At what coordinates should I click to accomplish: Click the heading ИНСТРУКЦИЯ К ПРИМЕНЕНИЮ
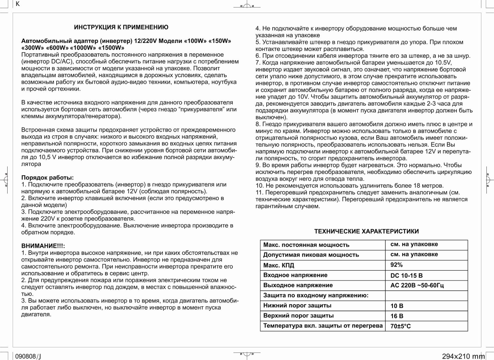[x=121, y=27]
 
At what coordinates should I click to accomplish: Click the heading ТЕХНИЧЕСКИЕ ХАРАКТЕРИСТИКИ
[x=366, y=231]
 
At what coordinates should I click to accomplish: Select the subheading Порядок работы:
[x=47, y=178]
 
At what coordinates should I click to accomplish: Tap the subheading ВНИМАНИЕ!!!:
[x=43, y=246]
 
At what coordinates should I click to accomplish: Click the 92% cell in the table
[x=397, y=265]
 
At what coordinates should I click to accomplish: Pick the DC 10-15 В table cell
[x=406, y=275]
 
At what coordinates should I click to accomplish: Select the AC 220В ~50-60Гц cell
[x=417, y=285]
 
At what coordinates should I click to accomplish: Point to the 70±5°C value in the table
[x=400, y=326]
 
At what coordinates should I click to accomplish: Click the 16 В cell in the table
[x=397, y=316]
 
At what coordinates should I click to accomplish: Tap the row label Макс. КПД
[x=279, y=265]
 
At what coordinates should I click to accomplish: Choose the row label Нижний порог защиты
[x=297, y=306]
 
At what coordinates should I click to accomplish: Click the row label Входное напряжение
[x=295, y=275]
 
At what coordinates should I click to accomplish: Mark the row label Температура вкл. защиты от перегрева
[x=323, y=326]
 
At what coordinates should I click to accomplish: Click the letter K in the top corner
[x=18, y=4]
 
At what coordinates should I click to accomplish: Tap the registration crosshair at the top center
[x=247, y=6]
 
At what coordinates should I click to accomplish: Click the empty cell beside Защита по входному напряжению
[x=426, y=295]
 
